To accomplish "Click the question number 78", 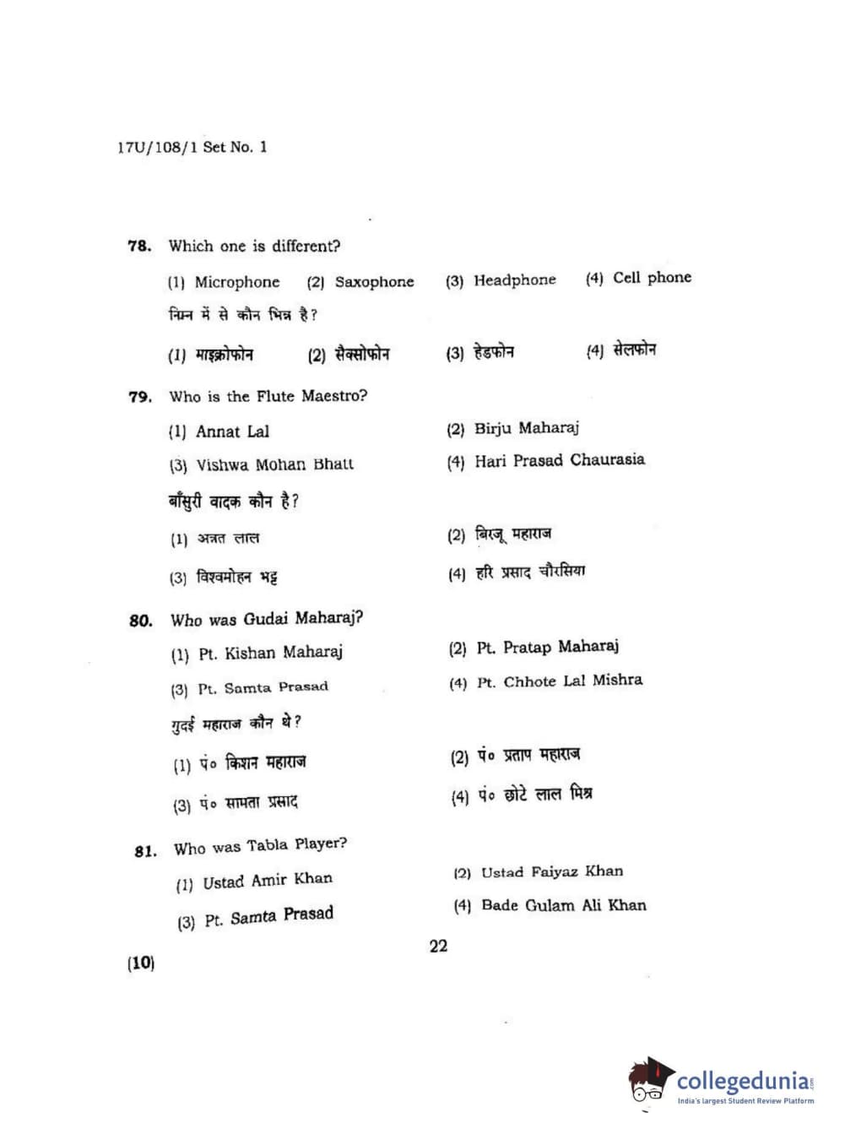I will coord(139,247).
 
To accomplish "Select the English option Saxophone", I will coord(374,282).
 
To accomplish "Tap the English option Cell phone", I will coord(652,278).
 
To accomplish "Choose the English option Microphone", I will coord(236,282).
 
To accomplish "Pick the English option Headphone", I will coord(514,280).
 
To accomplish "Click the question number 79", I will coord(140,397).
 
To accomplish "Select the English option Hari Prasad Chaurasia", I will coord(559,460).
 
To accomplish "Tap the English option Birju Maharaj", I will coord(526,428).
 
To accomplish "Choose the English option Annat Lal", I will coord(232,431).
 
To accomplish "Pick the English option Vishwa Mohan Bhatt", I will coord(274,464).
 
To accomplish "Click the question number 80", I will coord(141,621).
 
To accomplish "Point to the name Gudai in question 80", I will coord(265,619).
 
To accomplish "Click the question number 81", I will coord(145,850).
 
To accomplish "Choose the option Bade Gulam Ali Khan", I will coord(563,905).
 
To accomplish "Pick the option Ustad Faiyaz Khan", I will coord(551,871).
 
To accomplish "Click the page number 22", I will coord(438,946).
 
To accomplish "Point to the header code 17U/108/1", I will coord(158,147).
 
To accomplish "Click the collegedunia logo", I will coord(721,1082).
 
